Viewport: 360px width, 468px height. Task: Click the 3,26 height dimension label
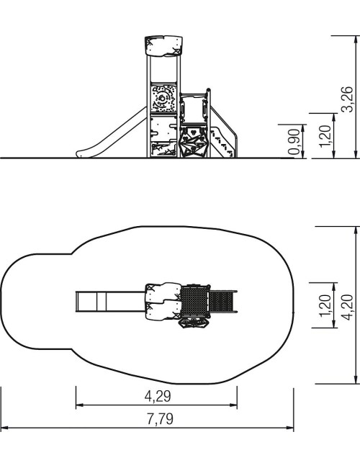[x=348, y=99]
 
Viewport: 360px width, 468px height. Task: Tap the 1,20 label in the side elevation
[x=325, y=136]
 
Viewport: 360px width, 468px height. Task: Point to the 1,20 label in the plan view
[x=325, y=305]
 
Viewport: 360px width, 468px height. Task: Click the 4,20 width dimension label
[x=348, y=307]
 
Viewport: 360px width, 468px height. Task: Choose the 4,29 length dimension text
[x=158, y=397]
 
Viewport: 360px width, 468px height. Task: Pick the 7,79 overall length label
[x=160, y=419]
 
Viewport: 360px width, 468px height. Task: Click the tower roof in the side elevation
[x=164, y=46]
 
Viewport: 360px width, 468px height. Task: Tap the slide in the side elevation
[x=112, y=133]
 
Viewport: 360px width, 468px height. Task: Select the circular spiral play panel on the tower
[x=163, y=98]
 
